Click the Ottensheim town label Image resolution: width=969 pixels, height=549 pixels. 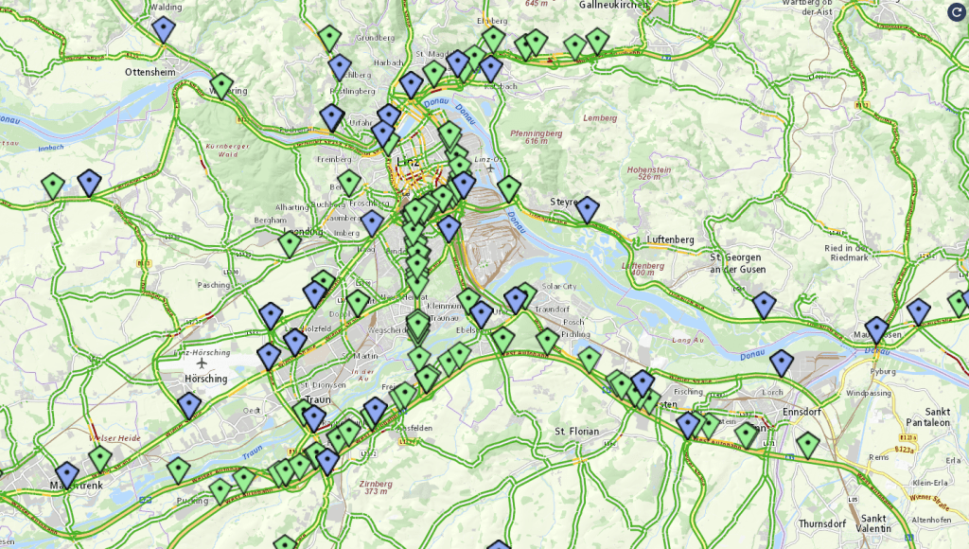150,71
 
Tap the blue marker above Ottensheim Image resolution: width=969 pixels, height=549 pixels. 164,28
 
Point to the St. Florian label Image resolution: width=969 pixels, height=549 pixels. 576,431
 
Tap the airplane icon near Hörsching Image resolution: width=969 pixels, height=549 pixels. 203,363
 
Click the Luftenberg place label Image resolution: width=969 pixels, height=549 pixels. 670,240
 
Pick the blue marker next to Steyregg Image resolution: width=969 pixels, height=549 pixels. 588,208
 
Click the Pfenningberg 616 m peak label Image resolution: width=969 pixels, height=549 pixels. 537,137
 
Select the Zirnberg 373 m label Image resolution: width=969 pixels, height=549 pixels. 377,487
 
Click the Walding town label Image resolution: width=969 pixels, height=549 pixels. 167,7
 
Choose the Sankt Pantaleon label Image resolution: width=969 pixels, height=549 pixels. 937,416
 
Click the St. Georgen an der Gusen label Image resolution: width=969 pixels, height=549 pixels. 737,262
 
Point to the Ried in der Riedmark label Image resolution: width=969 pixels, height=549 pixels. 848,252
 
